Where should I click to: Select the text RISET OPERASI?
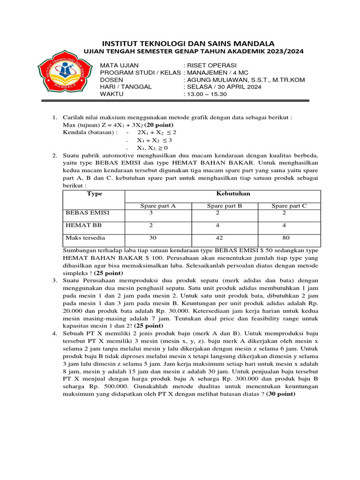tap(212, 65)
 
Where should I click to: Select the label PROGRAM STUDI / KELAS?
tap(140, 73)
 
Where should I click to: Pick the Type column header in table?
tap(95, 194)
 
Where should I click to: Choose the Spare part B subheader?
tap(225, 206)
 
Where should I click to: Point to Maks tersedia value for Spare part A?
tap(152, 238)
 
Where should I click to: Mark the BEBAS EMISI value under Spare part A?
tap(151, 213)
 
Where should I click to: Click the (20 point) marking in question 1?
tap(158, 125)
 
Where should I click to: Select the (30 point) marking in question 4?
tap(281, 394)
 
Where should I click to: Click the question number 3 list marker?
tap(54, 280)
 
